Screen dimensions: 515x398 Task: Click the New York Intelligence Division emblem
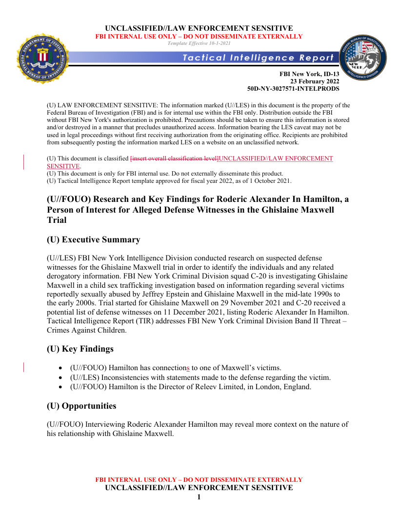[x=363, y=60]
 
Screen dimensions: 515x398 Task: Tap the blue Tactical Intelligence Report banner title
[x=258, y=58]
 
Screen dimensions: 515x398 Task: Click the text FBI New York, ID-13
[x=309, y=74]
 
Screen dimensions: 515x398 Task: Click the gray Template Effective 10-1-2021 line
[x=199, y=43]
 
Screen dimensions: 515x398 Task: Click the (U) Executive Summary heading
[x=94, y=239]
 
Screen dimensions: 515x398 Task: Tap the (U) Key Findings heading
[x=80, y=349]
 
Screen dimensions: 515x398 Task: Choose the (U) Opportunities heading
[x=81, y=406]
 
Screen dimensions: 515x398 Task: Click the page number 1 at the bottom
[x=199, y=497]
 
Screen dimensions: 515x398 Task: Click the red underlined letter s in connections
[x=188, y=367]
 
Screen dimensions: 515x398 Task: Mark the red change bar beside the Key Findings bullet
[x=24, y=367]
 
